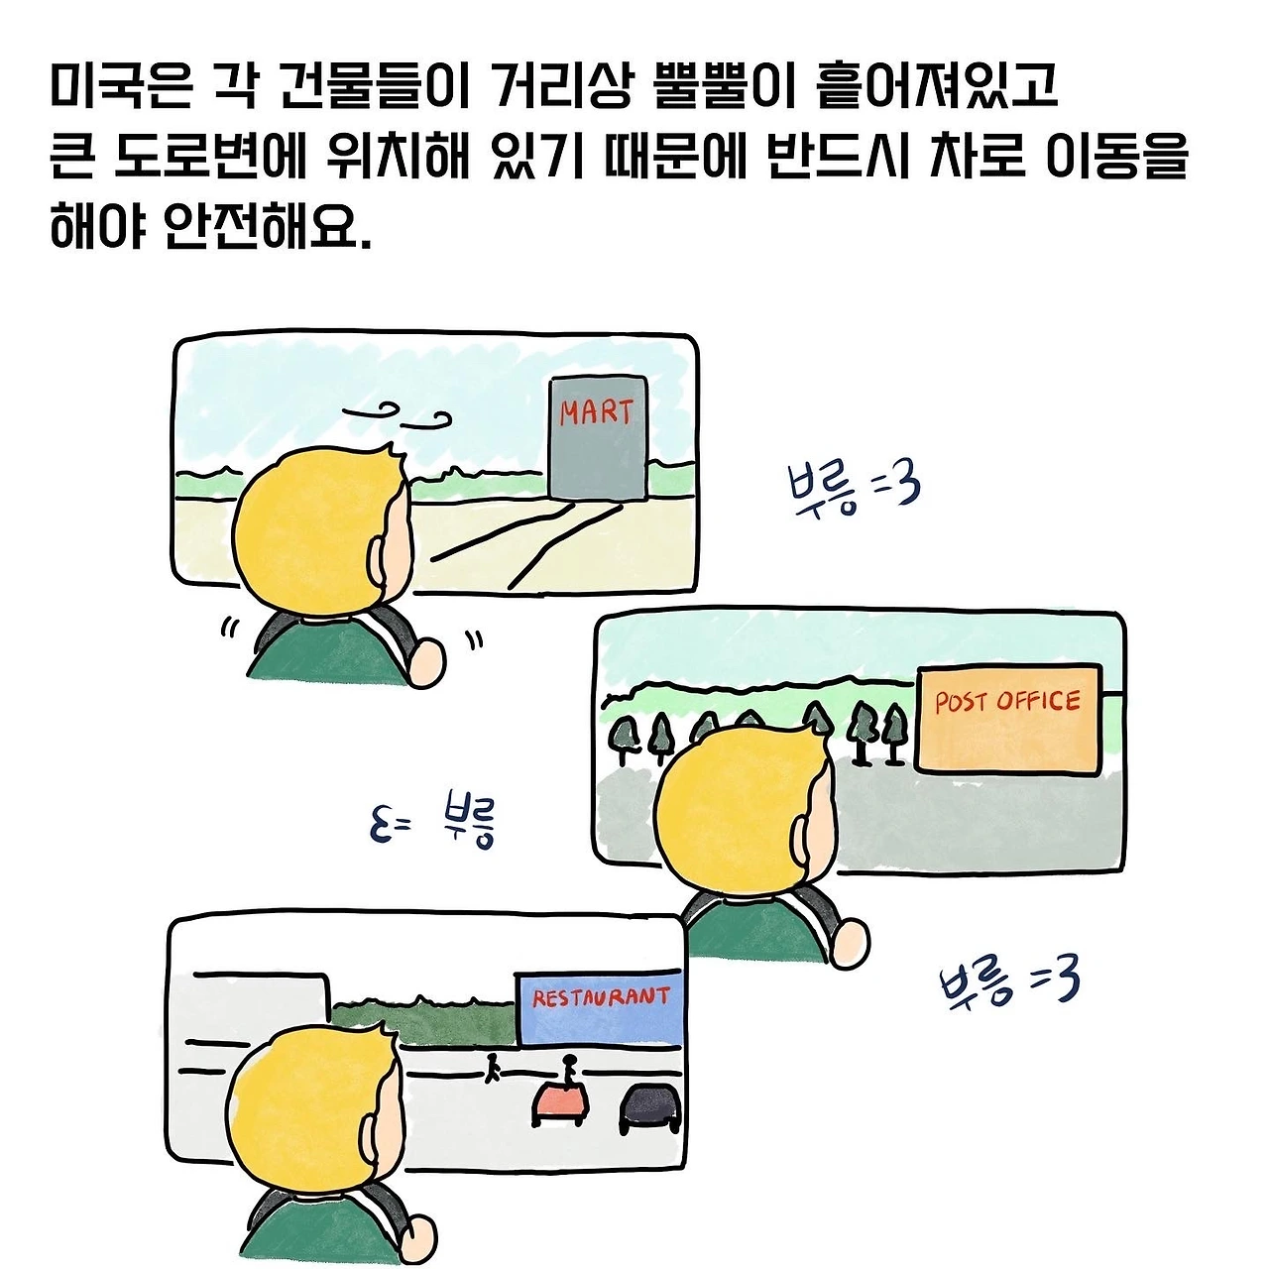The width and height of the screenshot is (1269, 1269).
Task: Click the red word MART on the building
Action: click(x=596, y=410)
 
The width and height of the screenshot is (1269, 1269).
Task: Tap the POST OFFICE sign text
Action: click(x=1007, y=702)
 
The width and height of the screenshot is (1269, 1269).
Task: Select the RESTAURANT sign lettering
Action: click(x=601, y=996)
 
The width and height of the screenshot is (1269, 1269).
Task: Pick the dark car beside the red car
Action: click(x=650, y=1108)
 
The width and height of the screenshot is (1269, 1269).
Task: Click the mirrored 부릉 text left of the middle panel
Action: click(x=433, y=822)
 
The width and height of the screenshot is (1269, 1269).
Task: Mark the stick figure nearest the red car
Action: click(x=568, y=1068)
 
